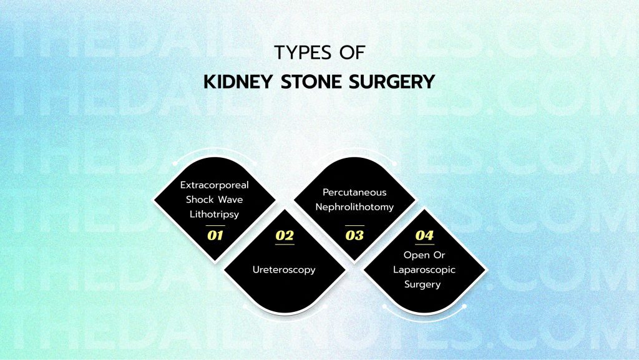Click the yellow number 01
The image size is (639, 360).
pos(215,236)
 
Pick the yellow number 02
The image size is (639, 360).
pos(285,236)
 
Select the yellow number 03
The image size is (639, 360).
pos(354,236)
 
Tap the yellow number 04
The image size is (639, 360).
pos(424,236)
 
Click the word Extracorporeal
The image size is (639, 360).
pos(215,185)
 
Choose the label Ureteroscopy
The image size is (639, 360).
pos(285,270)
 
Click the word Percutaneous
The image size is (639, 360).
pos(354,193)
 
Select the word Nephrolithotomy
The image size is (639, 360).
pos(354,207)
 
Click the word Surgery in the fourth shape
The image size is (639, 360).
pos(424,285)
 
